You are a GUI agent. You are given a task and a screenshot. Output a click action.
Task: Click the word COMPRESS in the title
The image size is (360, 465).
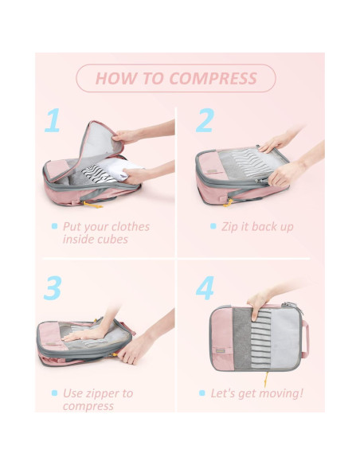point(213,78)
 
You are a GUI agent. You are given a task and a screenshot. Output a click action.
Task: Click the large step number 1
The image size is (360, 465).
point(53,120)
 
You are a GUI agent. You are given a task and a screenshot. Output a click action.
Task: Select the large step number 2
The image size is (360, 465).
point(205,120)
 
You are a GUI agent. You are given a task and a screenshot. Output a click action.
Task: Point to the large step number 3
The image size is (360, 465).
point(53,287)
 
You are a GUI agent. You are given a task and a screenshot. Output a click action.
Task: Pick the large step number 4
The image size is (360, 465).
point(205,287)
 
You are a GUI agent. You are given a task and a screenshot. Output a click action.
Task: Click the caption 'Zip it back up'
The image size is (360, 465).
point(257,226)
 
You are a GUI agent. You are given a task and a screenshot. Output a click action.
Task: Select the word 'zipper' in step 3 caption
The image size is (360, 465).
point(104,393)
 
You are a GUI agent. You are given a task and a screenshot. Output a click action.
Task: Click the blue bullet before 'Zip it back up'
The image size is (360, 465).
point(213,226)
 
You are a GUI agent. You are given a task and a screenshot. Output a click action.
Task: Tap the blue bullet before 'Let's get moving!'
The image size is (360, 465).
point(213,393)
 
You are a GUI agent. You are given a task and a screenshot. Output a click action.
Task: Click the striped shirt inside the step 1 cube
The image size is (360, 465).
point(101,170)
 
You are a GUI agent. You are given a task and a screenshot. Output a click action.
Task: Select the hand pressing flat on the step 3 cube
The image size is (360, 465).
point(88,334)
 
